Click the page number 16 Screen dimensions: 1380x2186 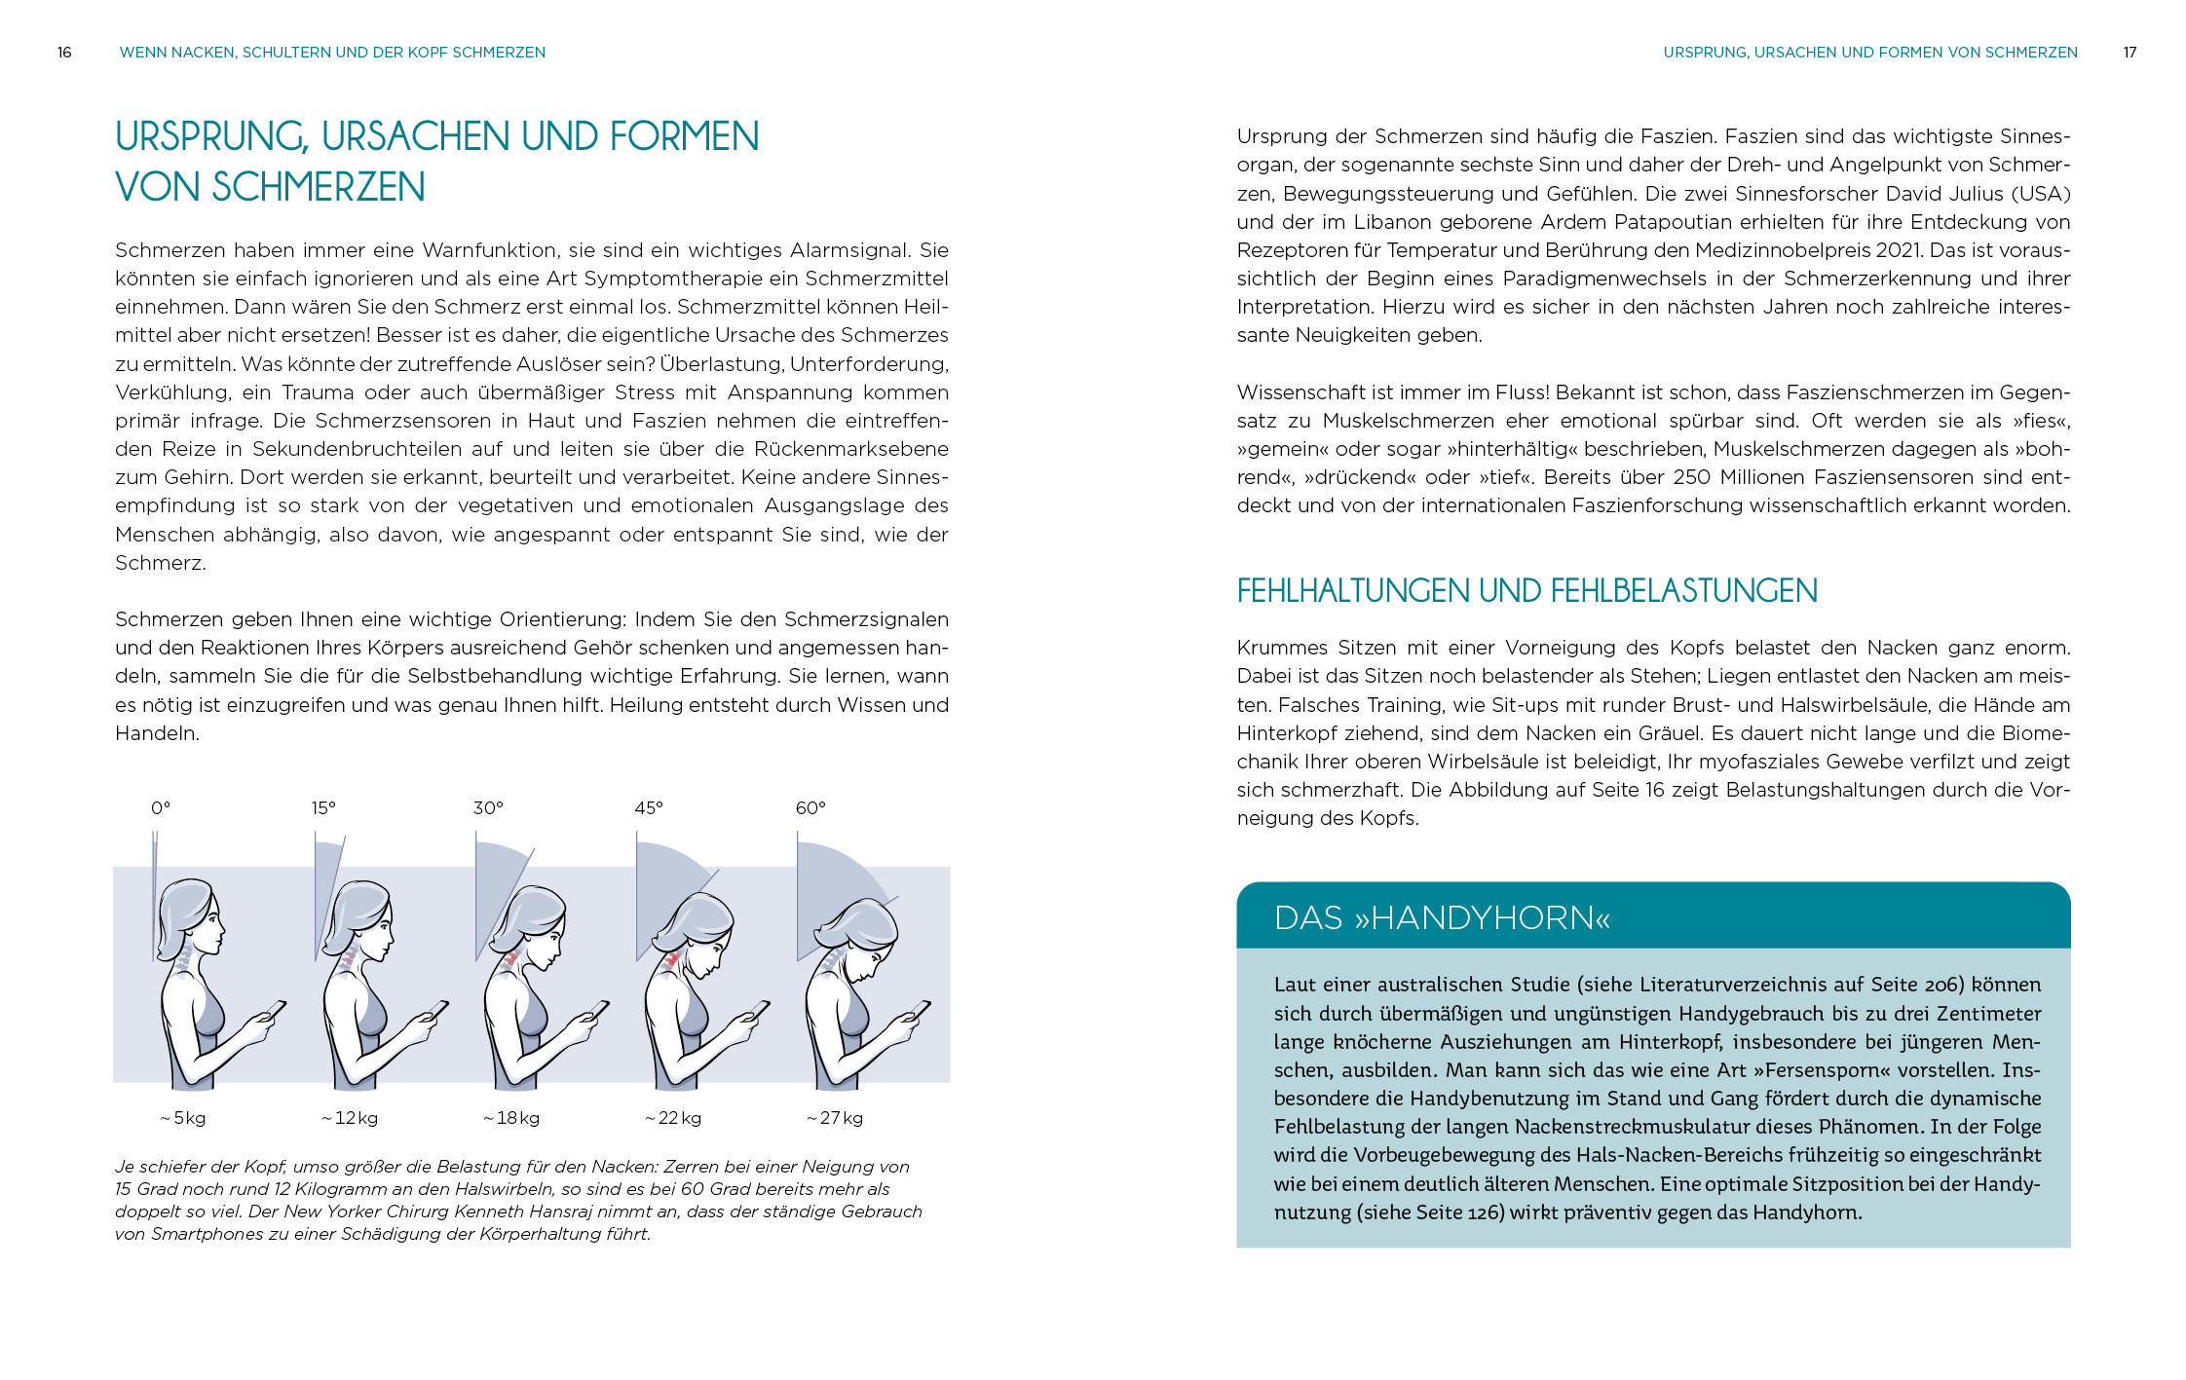[x=64, y=53]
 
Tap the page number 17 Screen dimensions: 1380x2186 [x=2129, y=53]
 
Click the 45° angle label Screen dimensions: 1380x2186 [x=649, y=808]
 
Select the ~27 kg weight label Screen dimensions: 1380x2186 [x=835, y=1118]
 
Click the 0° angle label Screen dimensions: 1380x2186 [x=161, y=808]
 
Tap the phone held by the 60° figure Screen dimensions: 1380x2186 [x=920, y=1009]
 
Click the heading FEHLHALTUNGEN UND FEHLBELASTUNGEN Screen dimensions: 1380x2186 [x=1526, y=591]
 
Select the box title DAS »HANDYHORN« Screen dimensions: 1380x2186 [x=1442, y=917]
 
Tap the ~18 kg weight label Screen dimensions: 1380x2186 [x=511, y=1118]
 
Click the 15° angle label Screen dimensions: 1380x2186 [x=323, y=808]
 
